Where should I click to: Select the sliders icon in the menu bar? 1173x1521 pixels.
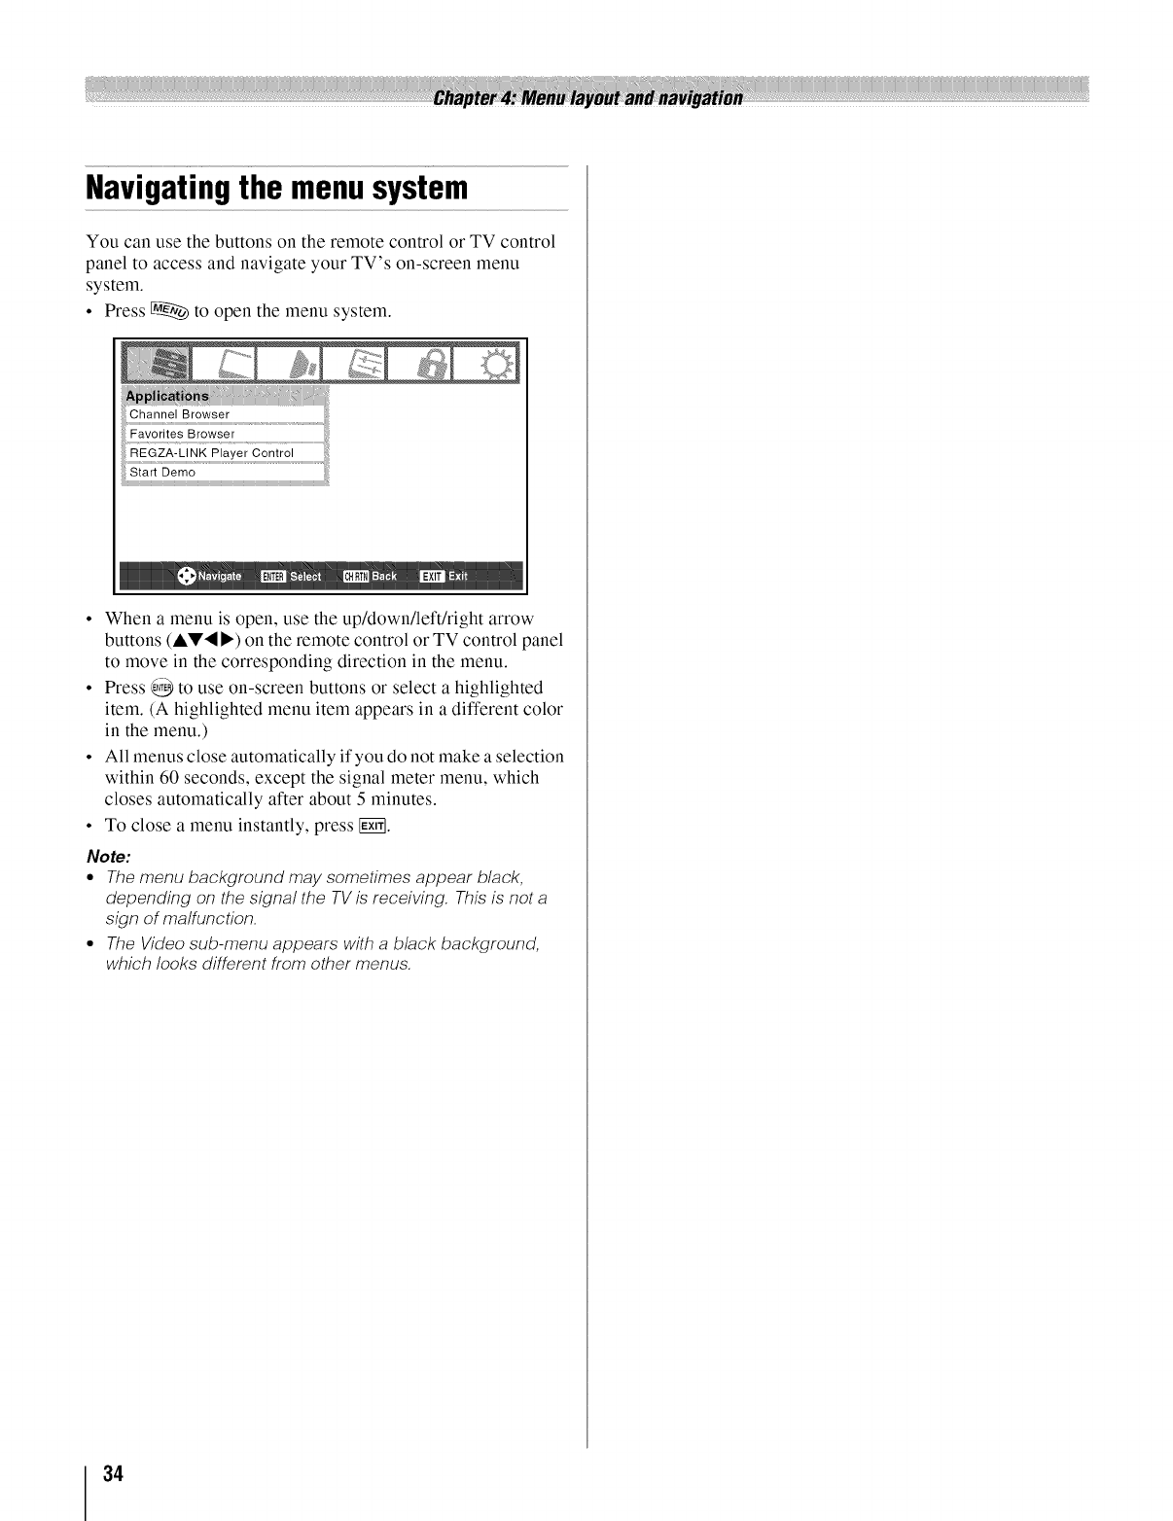[x=360, y=365]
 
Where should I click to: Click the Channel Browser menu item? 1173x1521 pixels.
[x=180, y=414]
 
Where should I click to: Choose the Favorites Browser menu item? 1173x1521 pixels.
[x=182, y=434]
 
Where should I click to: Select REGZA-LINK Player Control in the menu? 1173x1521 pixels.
[x=211, y=453]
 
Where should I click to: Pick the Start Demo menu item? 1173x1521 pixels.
[x=162, y=473]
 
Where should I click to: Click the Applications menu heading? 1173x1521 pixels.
[x=167, y=396]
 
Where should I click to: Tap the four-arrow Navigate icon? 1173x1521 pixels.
[x=187, y=576]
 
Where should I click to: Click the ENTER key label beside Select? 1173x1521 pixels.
[x=272, y=577]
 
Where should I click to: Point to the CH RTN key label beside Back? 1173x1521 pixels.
[x=355, y=577]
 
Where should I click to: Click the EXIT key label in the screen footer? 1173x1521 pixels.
[x=431, y=577]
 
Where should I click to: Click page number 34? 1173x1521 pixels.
[x=113, y=1472]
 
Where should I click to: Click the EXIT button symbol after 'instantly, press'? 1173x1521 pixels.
[x=373, y=827]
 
